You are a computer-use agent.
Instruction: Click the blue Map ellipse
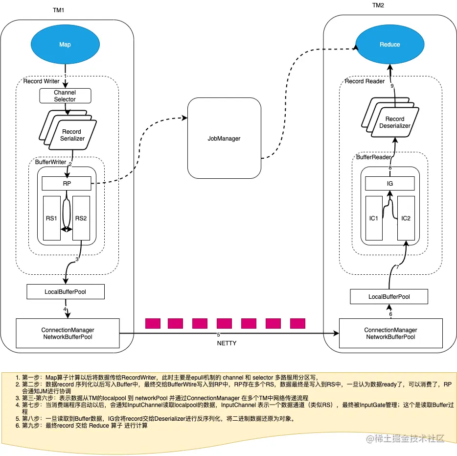[x=65, y=45]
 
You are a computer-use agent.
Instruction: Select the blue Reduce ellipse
[x=389, y=45]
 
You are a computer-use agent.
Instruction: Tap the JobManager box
[x=224, y=139]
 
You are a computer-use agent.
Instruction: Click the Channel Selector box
[x=65, y=96]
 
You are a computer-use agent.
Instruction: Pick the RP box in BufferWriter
[x=66, y=184]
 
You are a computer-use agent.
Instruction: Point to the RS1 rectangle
[x=52, y=218]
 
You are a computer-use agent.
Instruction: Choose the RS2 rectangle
[x=81, y=218]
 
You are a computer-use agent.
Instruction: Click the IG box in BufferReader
[x=390, y=184]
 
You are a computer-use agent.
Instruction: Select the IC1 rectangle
[x=374, y=218]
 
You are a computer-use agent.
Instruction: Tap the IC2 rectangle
[x=406, y=218]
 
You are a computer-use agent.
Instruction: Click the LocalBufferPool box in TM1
[x=65, y=292]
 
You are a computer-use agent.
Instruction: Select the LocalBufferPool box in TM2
[x=389, y=296]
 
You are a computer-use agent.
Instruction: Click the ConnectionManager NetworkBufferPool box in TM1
[x=68, y=334]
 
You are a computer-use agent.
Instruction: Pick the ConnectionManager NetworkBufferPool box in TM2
[x=390, y=334]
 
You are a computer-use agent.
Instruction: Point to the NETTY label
[x=227, y=343]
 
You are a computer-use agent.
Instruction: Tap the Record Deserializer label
[x=394, y=122]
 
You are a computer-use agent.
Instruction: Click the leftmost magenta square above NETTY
[x=153, y=323]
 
